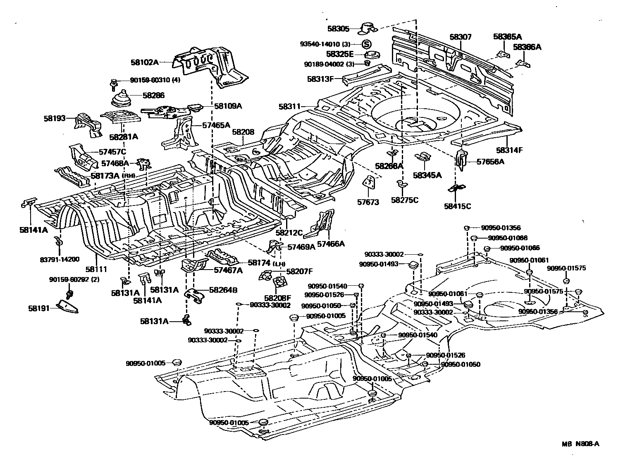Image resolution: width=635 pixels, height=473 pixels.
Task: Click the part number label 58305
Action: click(x=338, y=29)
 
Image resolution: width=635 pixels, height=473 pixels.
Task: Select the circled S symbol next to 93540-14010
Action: click(x=366, y=44)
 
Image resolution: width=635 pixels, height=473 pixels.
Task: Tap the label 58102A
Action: click(x=145, y=62)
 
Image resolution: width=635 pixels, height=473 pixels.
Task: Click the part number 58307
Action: click(x=460, y=37)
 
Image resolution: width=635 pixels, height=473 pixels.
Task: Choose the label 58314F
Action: click(x=509, y=150)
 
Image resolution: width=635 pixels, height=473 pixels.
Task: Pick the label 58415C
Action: click(x=457, y=206)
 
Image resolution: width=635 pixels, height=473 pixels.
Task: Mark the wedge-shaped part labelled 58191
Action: click(x=68, y=307)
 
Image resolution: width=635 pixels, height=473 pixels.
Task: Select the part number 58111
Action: click(x=96, y=270)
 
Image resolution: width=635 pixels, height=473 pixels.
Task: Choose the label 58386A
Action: click(x=527, y=47)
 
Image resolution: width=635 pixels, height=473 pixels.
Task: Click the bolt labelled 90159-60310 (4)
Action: click(x=113, y=84)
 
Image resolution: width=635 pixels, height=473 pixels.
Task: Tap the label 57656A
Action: click(x=490, y=162)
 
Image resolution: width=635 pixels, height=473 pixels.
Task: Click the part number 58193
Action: click(x=55, y=118)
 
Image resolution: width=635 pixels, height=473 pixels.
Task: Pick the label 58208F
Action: click(x=278, y=298)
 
